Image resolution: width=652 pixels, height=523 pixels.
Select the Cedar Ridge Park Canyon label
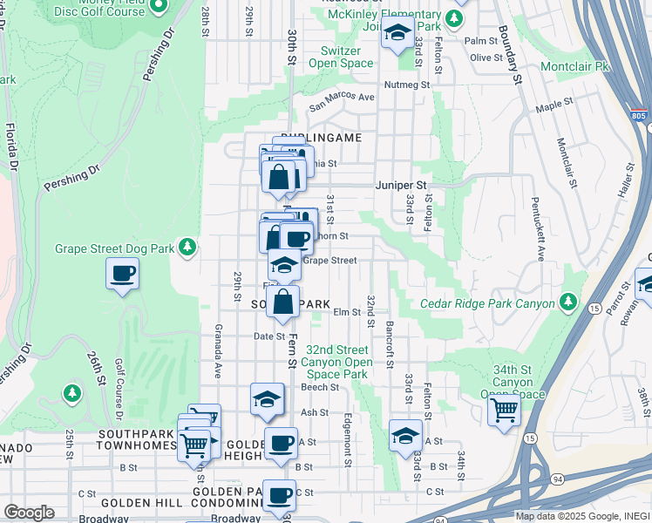(487, 303)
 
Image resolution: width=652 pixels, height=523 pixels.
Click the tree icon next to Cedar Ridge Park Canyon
(568, 302)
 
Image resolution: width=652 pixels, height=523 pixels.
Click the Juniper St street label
(402, 186)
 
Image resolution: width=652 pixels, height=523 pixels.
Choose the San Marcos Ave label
(343, 97)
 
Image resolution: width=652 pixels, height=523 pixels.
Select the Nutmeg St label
(409, 85)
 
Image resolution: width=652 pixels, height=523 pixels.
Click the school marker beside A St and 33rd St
(405, 435)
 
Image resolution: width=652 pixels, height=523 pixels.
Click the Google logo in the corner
(29, 512)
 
